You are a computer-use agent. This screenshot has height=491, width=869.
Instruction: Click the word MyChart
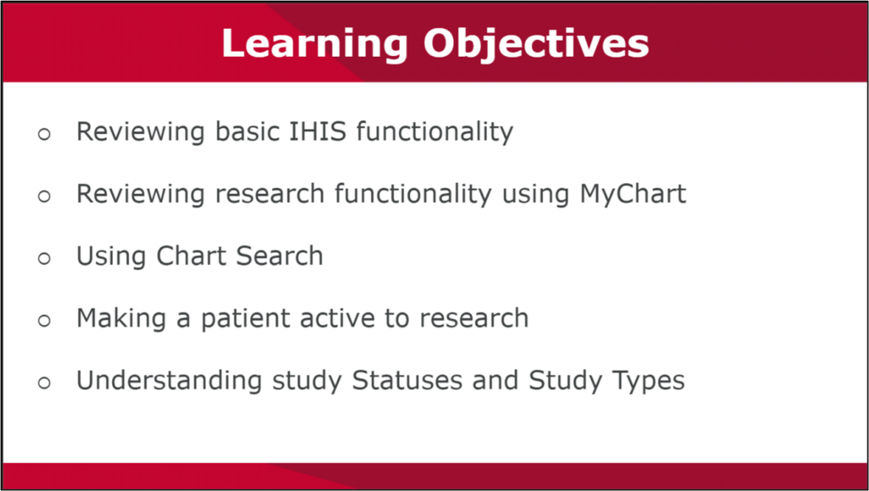[633, 194]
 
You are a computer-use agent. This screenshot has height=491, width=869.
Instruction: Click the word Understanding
[171, 381]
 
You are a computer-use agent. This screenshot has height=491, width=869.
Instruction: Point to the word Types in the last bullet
[648, 381]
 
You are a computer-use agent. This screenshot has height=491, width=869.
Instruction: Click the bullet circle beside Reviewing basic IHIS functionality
[44, 134]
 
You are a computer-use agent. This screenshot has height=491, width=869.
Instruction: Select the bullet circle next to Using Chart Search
[44, 258]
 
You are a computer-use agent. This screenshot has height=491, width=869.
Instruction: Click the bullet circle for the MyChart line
[44, 196]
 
